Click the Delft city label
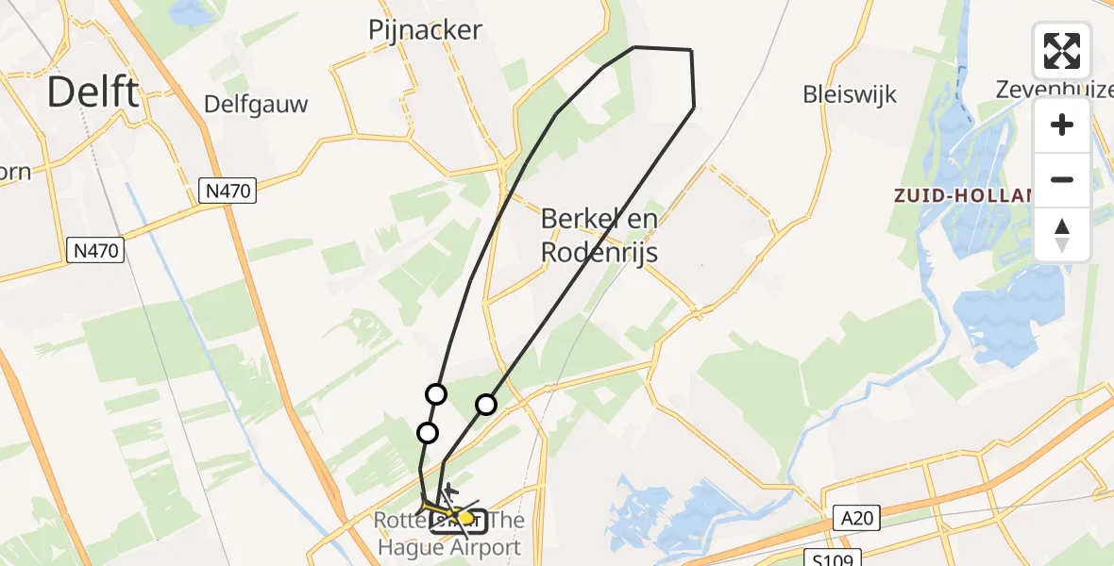coord(93,92)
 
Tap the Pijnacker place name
coord(425,30)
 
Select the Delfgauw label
coord(256,104)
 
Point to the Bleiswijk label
coord(849,94)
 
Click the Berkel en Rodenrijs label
coord(599,236)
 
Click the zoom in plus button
coord(1062,125)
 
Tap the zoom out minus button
coord(1062,179)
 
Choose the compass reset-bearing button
coord(1062,235)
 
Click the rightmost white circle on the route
coord(485,405)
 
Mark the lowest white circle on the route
coord(428,433)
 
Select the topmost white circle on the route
coord(435,394)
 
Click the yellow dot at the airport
coord(465,518)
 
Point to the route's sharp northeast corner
coord(691,50)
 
